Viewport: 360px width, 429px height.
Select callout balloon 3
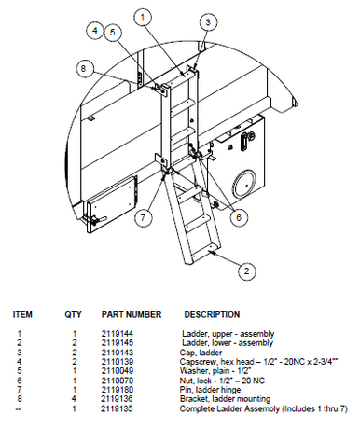click(x=208, y=21)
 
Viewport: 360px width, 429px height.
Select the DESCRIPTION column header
click(x=212, y=314)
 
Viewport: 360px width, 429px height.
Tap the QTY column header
click(x=74, y=314)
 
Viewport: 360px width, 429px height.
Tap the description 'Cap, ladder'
click(x=200, y=350)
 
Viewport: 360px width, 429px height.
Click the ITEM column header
click(x=21, y=314)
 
